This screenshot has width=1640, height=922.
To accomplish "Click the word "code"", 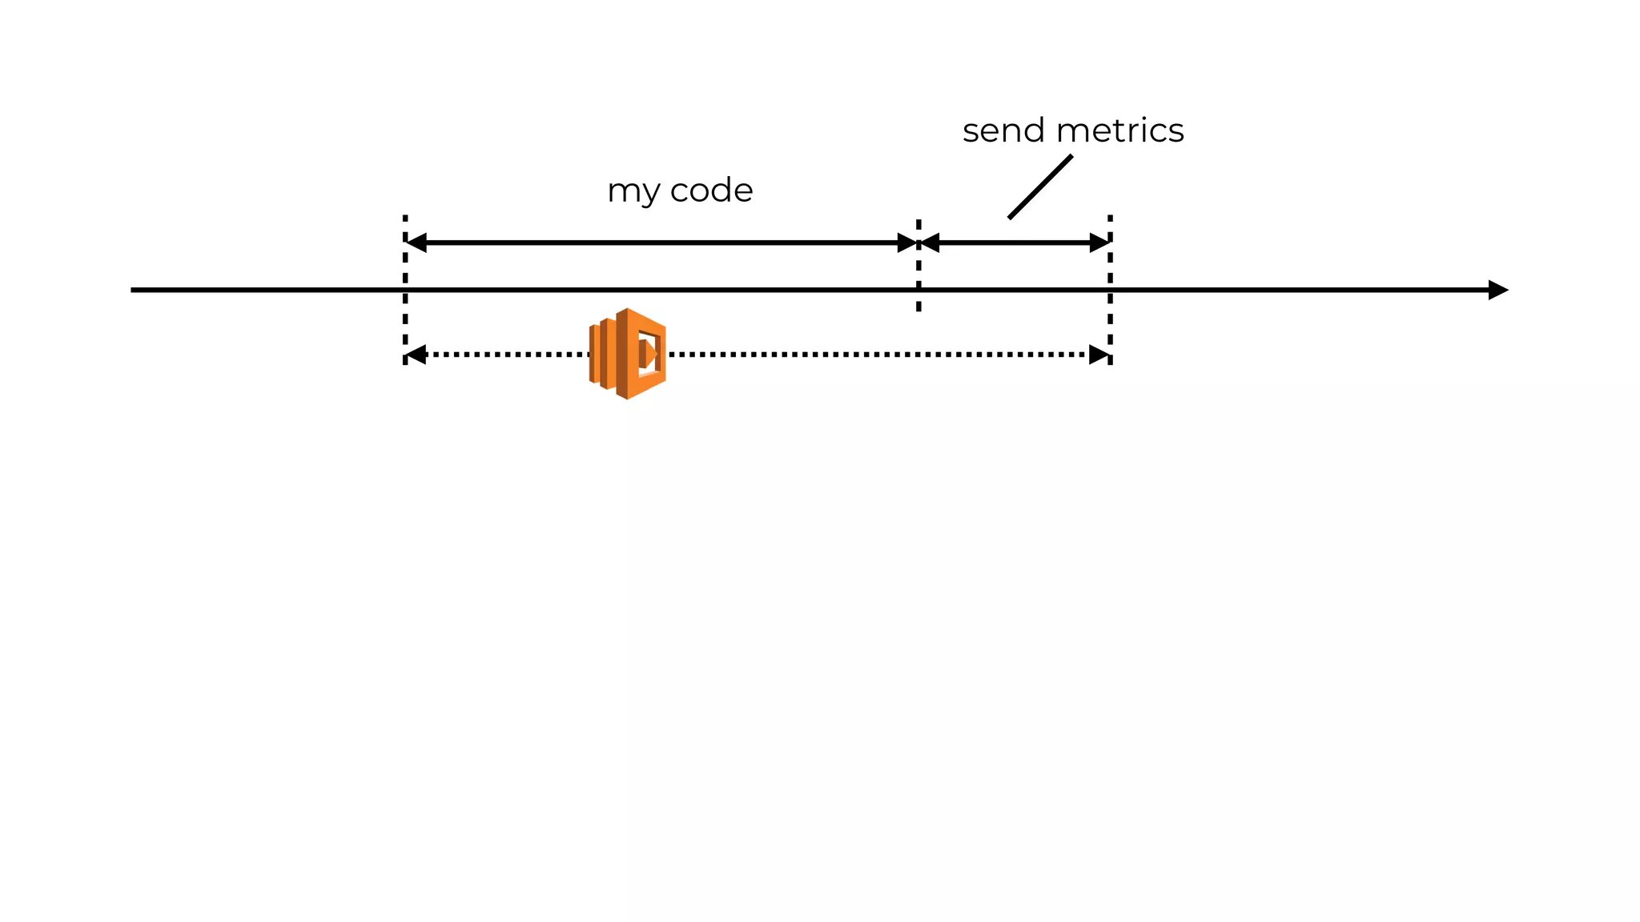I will [711, 190].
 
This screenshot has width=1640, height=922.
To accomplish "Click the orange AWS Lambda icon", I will [628, 353].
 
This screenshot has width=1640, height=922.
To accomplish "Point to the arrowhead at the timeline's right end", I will [1497, 290].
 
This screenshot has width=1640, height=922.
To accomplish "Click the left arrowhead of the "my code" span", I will [417, 243].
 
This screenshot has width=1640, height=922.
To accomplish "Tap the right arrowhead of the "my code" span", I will [906, 243].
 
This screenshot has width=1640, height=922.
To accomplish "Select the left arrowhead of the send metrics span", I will [931, 243].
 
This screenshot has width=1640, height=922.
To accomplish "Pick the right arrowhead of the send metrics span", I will [1099, 243].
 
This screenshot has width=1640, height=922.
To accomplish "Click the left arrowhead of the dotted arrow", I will [416, 355].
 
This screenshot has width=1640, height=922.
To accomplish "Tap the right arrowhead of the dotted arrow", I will [1099, 355].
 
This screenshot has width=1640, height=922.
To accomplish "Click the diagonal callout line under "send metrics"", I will [1039, 186].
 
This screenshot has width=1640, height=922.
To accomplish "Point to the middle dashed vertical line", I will [918, 272].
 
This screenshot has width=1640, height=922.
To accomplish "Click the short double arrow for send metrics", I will [1015, 243].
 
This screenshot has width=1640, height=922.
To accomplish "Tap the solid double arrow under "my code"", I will [661, 243].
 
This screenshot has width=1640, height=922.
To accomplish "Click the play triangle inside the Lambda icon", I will [650, 354].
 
